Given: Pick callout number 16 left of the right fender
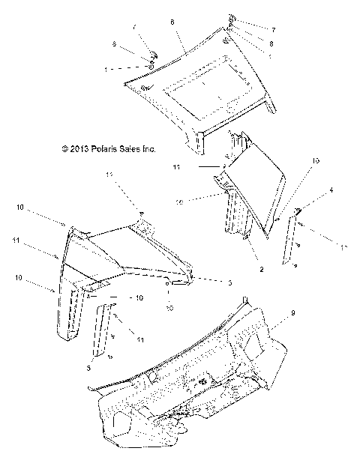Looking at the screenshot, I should pos(199,202).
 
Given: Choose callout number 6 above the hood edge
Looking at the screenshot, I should pos(172,23).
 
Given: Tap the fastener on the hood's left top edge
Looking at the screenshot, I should pos(152,58).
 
